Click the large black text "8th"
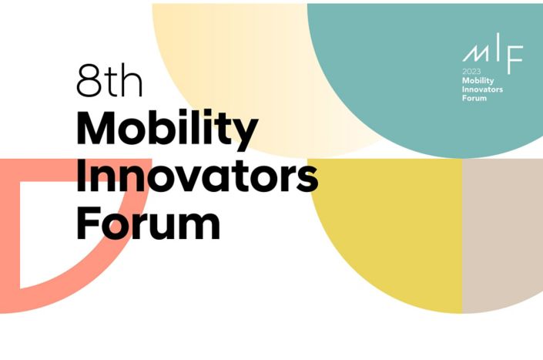pyautogui.click(x=109, y=80)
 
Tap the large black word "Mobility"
pyautogui.click(x=167, y=130)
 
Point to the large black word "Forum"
pyautogui.click(x=148, y=222)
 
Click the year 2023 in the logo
pyautogui.click(x=471, y=72)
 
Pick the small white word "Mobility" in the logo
pyautogui.click(x=478, y=81)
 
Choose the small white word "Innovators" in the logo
pyautogui.click(x=482, y=89)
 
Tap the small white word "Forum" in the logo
pyautogui.click(x=474, y=98)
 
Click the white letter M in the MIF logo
pyautogui.click(x=476, y=53)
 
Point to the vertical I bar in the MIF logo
pyautogui.click(x=498, y=46)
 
